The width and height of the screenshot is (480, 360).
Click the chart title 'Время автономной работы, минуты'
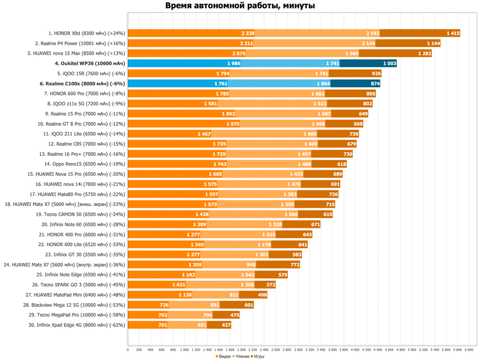(x=240, y=6)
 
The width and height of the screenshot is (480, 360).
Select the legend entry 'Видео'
(x=223, y=356)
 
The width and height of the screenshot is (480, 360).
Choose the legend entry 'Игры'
(x=257, y=356)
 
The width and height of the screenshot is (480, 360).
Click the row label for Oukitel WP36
(x=90, y=64)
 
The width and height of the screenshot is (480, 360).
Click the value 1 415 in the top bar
(x=453, y=33)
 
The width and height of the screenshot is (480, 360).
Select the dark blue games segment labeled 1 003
(x=368, y=64)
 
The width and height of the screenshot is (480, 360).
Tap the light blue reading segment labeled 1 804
(x=279, y=84)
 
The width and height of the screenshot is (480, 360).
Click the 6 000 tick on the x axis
(x=469, y=349)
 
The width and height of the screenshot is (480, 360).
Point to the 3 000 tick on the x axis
(x=298, y=349)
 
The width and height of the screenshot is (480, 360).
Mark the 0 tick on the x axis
(x=128, y=349)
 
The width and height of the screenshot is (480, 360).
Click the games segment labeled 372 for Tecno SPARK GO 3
(x=265, y=285)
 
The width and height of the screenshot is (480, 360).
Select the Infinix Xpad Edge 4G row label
(x=77, y=325)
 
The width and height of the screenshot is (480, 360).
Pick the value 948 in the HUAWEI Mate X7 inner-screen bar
(x=251, y=265)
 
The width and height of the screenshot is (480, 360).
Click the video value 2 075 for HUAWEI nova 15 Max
(x=239, y=54)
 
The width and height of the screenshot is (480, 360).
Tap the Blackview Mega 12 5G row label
(x=74, y=305)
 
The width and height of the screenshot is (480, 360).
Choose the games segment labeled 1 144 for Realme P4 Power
(x=408, y=44)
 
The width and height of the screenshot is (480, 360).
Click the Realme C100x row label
(x=83, y=84)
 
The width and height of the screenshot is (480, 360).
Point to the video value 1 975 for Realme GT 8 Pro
(x=233, y=124)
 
